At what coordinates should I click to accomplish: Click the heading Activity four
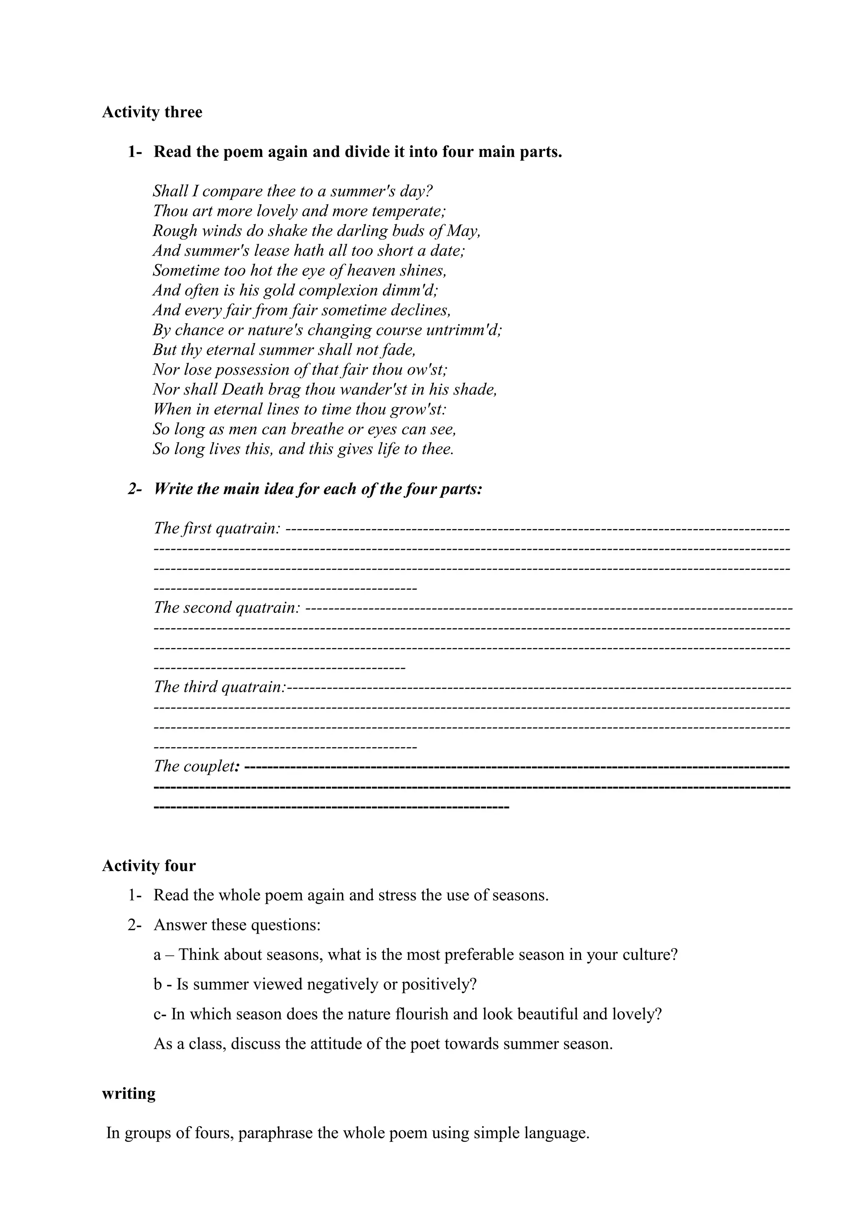click(x=149, y=866)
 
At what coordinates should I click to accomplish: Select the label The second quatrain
click(x=227, y=608)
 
